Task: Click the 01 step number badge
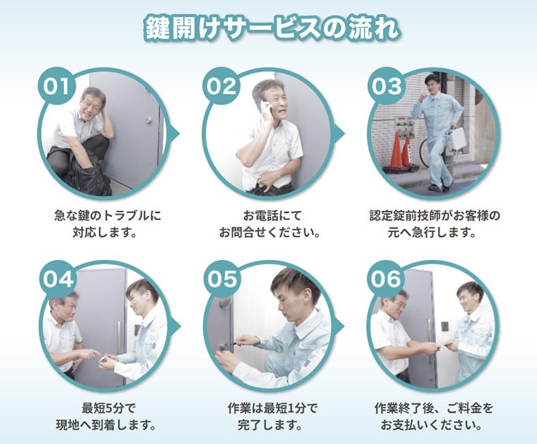point(56,86)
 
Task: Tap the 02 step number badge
point(221,86)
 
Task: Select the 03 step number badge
point(386,86)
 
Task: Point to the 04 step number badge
point(57,279)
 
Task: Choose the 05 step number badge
point(222,279)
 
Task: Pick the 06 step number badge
point(386,279)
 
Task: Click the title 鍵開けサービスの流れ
point(272,28)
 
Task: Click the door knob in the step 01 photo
point(149,120)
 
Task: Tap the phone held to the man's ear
point(265,108)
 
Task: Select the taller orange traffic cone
point(396,150)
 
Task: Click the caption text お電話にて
point(273,216)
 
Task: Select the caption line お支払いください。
point(432,425)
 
